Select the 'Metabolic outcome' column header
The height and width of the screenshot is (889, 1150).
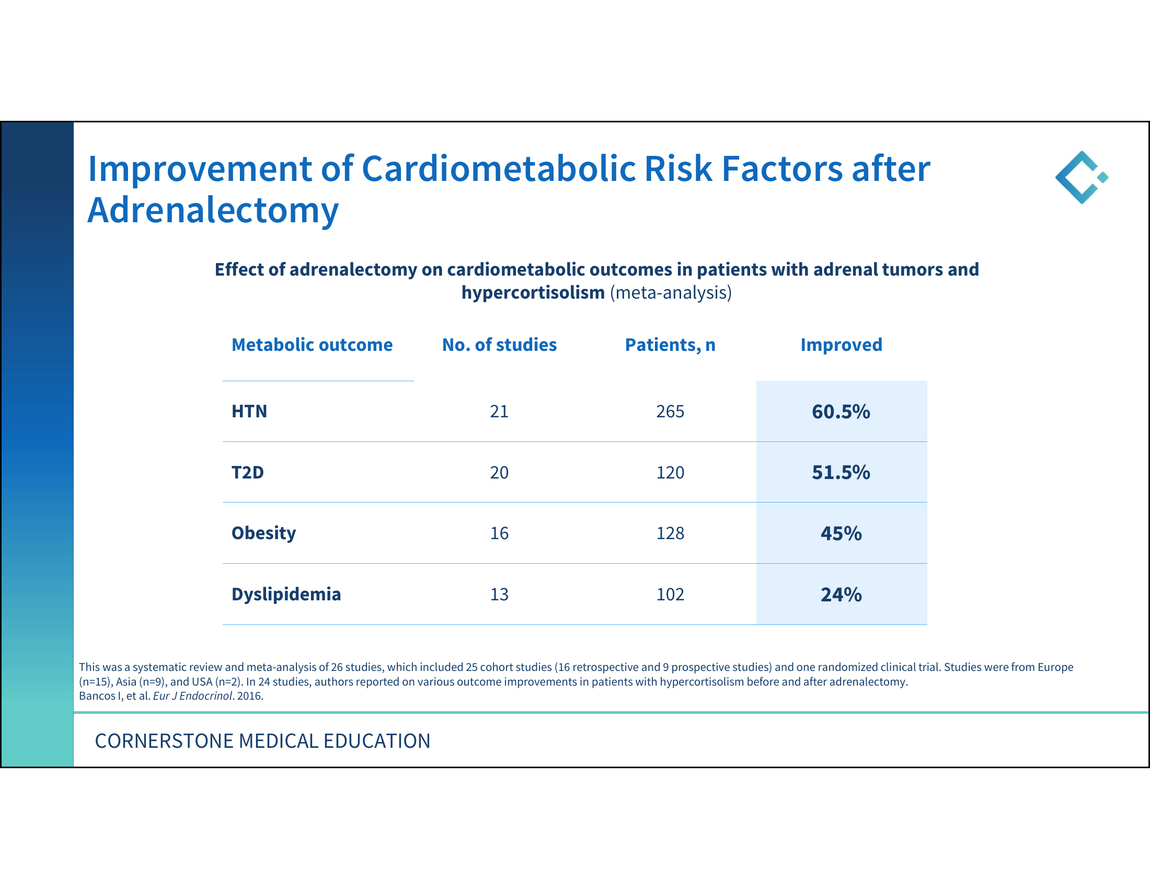pos(312,345)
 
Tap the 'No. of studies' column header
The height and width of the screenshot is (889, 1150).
pos(499,345)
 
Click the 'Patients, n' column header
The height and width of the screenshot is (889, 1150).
pos(670,345)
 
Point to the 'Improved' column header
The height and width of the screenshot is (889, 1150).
pos(842,345)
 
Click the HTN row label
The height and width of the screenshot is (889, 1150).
pos(249,412)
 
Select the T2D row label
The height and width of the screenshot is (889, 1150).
pos(247,472)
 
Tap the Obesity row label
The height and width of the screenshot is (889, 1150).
pos(264,533)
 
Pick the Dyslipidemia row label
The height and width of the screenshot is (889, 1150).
pos(286,595)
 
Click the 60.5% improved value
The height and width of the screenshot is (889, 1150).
pos(841,412)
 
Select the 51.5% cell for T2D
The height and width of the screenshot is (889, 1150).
pos(841,472)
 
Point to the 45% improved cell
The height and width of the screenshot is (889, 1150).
pos(841,533)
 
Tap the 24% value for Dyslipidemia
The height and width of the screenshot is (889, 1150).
pos(841,595)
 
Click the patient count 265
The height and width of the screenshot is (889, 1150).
pos(670,412)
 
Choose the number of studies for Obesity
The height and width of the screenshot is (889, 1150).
pos(499,533)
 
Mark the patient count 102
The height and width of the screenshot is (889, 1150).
pos(670,595)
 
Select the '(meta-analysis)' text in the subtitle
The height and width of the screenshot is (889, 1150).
pos(671,293)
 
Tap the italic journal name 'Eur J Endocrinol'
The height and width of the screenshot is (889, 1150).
pos(193,696)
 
